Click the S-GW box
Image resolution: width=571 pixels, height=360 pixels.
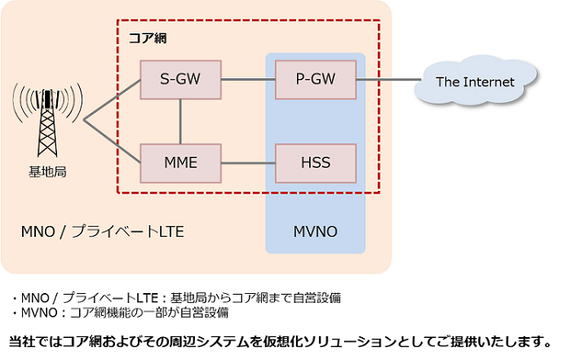(181, 79)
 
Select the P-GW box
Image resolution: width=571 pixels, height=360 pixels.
(316, 79)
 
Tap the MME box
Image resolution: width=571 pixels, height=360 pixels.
(181, 162)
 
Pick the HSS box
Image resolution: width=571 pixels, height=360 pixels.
(316, 162)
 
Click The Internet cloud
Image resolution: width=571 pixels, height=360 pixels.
(476, 82)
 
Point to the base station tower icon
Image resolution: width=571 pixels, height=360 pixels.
(47, 118)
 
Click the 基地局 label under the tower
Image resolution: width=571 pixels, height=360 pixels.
(46, 172)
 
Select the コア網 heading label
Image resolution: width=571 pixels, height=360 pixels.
(148, 38)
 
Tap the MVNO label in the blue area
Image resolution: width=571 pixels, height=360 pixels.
(315, 233)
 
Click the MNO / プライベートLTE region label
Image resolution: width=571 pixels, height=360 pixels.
(102, 233)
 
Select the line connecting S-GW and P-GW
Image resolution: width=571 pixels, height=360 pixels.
(248, 79)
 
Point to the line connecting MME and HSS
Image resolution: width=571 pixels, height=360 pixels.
(248, 162)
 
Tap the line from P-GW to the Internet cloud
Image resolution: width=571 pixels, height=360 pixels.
(387, 80)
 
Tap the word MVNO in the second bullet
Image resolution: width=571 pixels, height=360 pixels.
(33, 312)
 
